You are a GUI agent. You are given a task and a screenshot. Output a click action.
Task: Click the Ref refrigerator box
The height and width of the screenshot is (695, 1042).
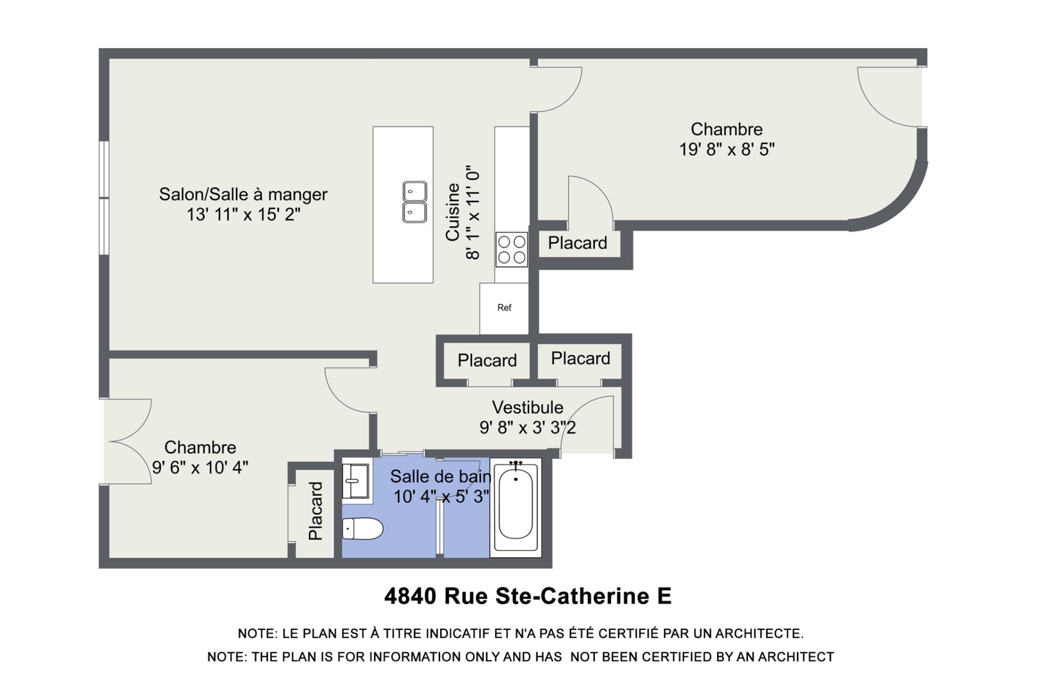pyautogui.click(x=504, y=308)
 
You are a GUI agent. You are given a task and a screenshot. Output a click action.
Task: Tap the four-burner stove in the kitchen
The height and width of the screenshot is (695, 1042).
pyautogui.click(x=512, y=249)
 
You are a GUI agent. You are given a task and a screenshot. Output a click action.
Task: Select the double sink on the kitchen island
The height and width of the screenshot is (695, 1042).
pyautogui.click(x=415, y=202)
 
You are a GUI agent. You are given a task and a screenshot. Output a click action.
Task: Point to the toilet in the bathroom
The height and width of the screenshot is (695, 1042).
pyautogui.click(x=363, y=529)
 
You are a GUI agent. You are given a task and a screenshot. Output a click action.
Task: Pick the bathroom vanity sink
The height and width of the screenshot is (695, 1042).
pyautogui.click(x=355, y=481)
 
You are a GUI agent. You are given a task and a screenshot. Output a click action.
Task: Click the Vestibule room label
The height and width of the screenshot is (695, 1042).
pyautogui.click(x=528, y=407)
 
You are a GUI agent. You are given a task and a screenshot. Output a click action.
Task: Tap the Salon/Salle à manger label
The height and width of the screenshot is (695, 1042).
pyautogui.click(x=243, y=194)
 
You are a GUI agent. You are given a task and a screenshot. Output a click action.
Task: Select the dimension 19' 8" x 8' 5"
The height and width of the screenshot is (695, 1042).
pyautogui.click(x=727, y=149)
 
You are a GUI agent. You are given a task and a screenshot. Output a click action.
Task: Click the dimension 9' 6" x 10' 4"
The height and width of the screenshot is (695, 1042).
pyautogui.click(x=200, y=467)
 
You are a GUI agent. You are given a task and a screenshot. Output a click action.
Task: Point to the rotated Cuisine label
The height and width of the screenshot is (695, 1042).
pyautogui.click(x=453, y=212)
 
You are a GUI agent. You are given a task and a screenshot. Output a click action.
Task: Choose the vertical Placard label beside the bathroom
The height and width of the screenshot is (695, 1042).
pyautogui.click(x=315, y=511)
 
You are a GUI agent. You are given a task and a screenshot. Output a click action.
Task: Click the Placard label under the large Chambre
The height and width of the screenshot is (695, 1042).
pyautogui.click(x=577, y=243)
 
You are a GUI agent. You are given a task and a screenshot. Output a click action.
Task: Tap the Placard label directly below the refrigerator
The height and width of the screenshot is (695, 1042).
pyautogui.click(x=487, y=360)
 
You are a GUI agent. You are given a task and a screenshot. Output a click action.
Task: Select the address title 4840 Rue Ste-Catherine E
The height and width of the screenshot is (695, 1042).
pyautogui.click(x=528, y=596)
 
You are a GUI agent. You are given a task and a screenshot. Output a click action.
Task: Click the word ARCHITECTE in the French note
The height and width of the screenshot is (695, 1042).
pyautogui.click(x=759, y=634)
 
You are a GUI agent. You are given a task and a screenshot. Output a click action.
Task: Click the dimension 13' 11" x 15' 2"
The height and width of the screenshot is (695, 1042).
pyautogui.click(x=243, y=214)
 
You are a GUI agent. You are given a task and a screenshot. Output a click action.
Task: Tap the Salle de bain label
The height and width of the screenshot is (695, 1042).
pyautogui.click(x=441, y=477)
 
